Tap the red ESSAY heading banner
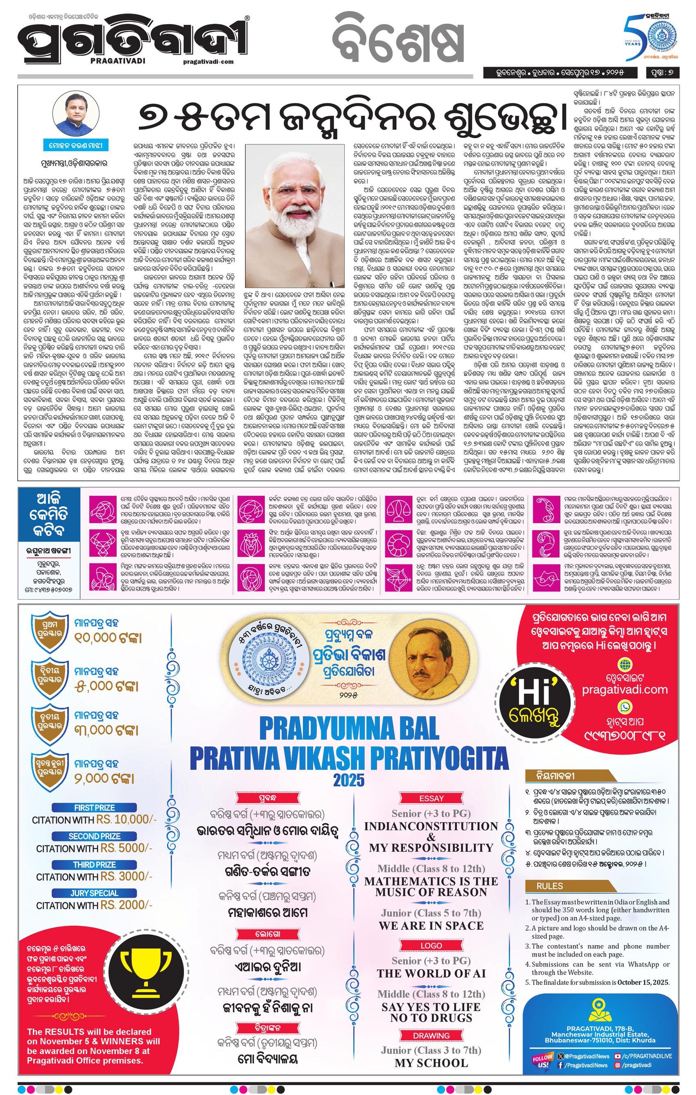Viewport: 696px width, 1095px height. [x=431, y=798]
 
